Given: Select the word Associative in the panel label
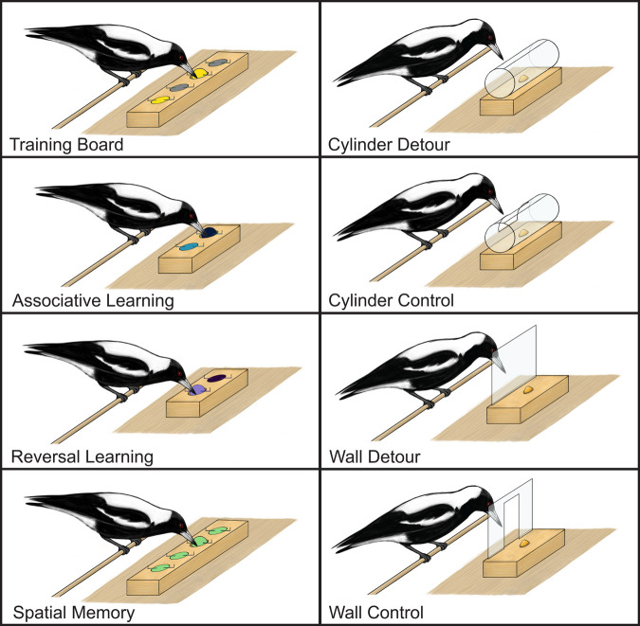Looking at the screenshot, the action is [57, 300].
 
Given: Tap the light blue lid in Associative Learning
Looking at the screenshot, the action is [189, 247].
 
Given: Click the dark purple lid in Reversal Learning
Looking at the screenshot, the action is [217, 378].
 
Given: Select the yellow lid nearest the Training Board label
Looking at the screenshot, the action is [159, 100].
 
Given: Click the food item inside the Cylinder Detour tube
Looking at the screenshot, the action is [523, 79].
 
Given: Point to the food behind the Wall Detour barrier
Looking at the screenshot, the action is [528, 389].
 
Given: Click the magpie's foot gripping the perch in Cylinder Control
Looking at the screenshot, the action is [427, 244].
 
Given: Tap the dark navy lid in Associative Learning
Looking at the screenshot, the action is [210, 232].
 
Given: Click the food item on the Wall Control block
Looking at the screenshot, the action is [524, 544].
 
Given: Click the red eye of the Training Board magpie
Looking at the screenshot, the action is [180, 58].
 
